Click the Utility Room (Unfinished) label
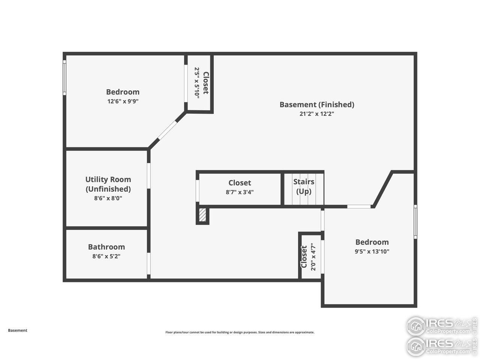click(108, 184)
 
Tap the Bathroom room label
click(106, 247)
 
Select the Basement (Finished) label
click(316, 105)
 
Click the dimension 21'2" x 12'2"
click(316, 114)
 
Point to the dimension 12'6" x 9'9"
click(123, 101)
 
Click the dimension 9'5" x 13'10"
click(372, 252)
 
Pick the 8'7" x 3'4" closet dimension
click(240, 192)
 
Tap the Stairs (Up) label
click(304, 186)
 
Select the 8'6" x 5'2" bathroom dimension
click(106, 256)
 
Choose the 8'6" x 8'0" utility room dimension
click(108, 198)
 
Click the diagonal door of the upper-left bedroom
click(168, 130)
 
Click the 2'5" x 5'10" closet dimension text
click(196, 82)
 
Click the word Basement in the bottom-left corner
click(18, 330)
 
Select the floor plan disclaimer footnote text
click(240, 332)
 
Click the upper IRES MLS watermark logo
click(441, 326)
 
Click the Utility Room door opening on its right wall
click(149, 175)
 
